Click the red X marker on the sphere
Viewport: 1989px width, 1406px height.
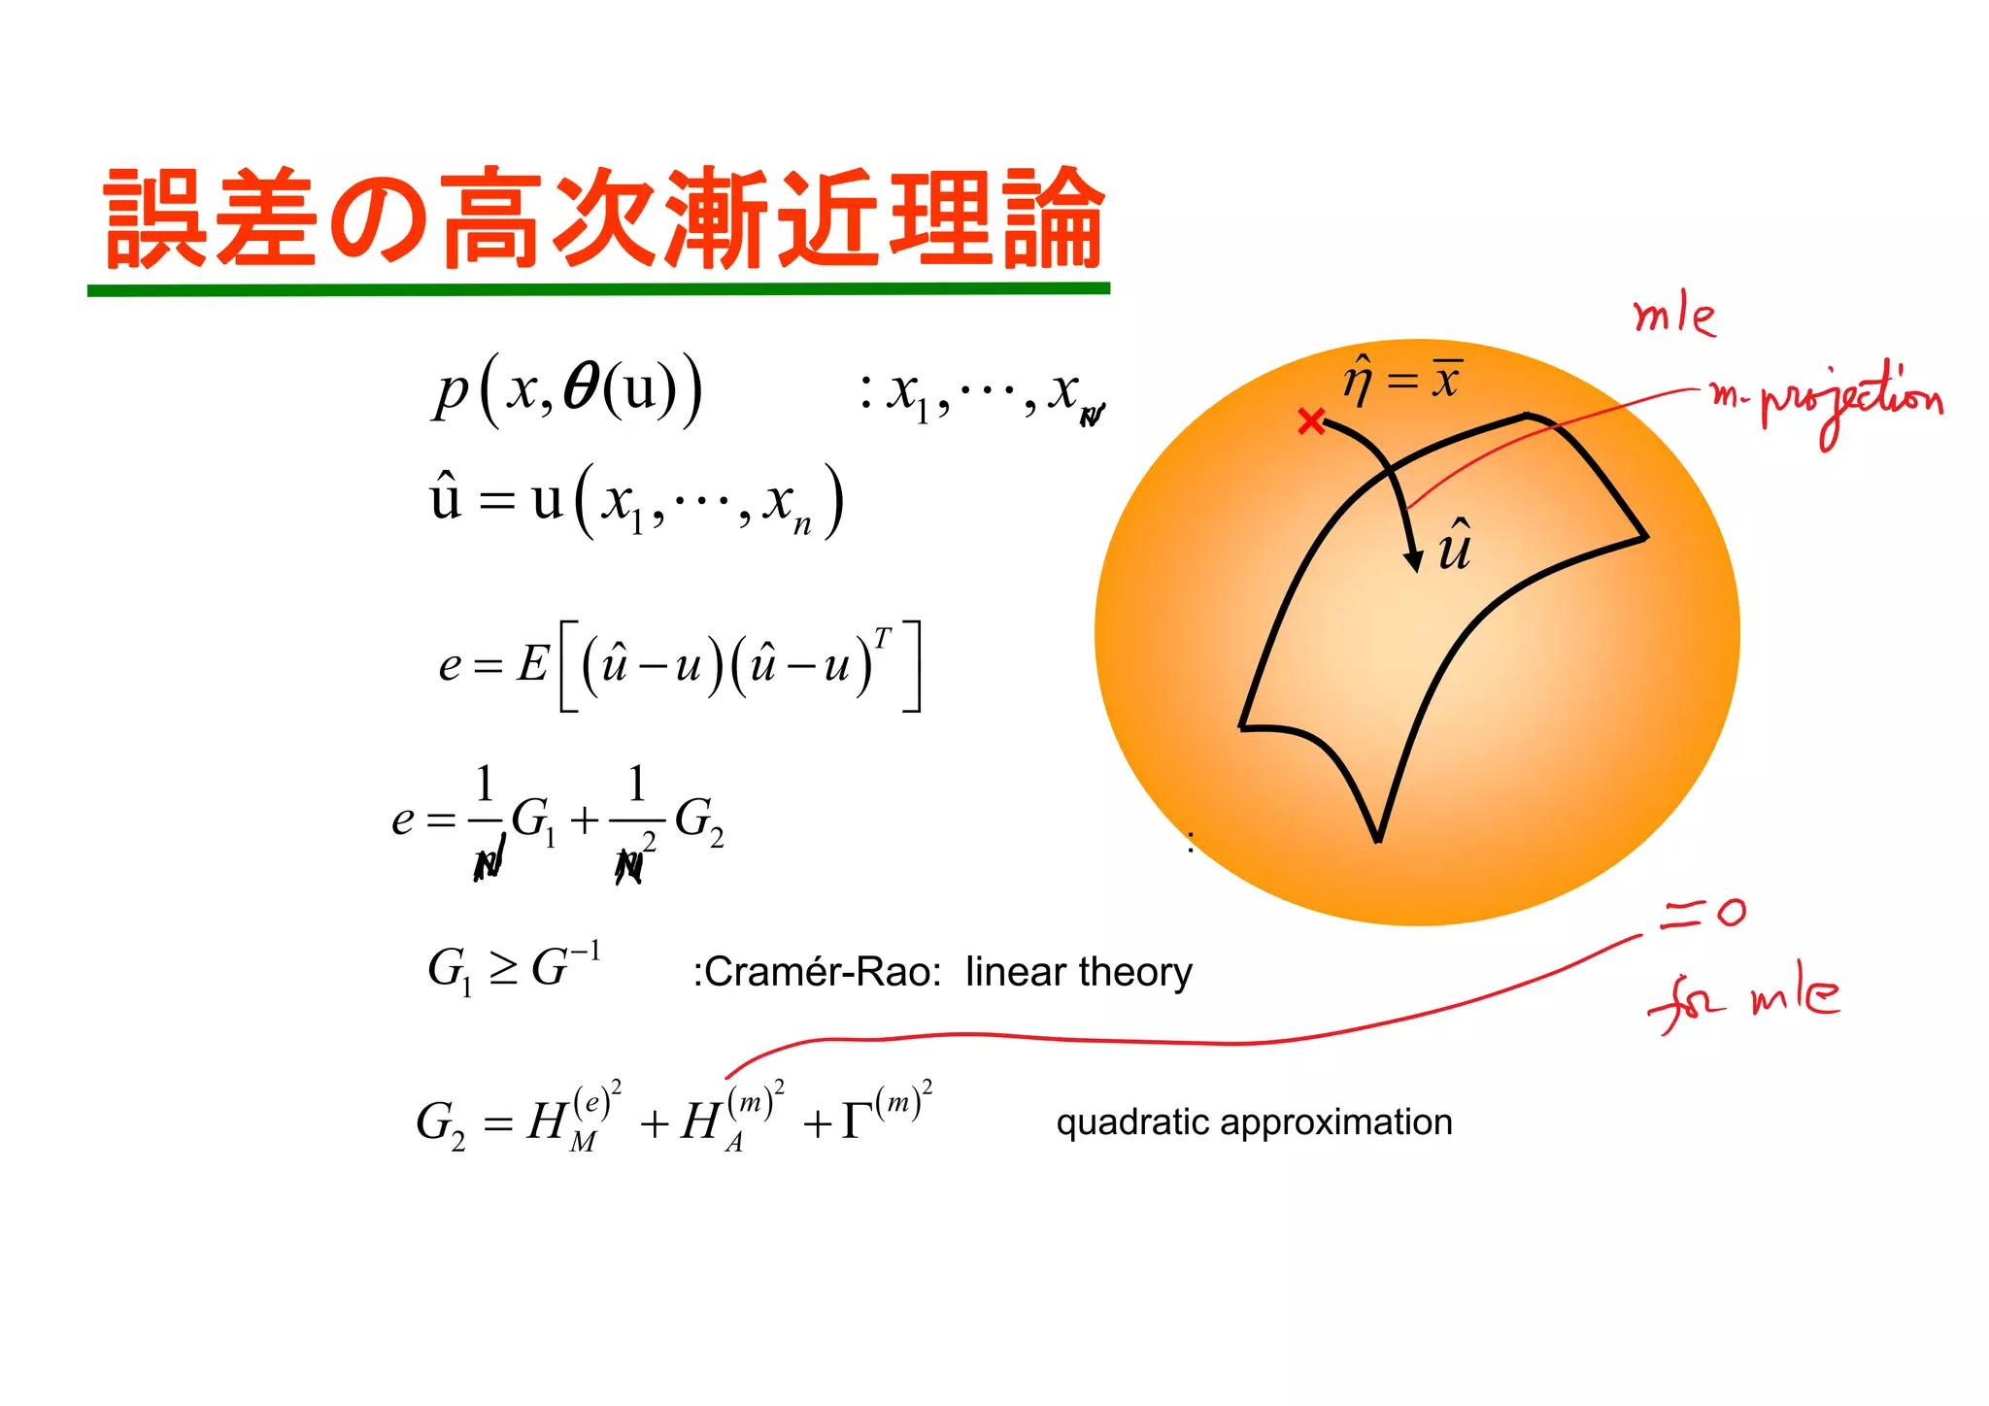pyautogui.click(x=1311, y=421)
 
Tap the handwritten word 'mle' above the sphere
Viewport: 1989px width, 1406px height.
pyautogui.click(x=1674, y=317)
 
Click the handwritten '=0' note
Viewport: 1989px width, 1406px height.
pyautogui.click(x=1702, y=913)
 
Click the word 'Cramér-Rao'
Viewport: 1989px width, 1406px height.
pyautogui.click(x=822, y=972)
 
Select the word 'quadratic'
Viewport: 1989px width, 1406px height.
pyautogui.click(x=1131, y=1122)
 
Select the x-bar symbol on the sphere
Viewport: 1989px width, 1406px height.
pyautogui.click(x=1446, y=379)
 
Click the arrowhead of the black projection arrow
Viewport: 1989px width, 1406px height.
pyautogui.click(x=1414, y=558)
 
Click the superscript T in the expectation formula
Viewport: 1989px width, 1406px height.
pyautogui.click(x=881, y=638)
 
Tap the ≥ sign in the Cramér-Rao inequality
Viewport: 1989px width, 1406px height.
pyautogui.click(x=502, y=968)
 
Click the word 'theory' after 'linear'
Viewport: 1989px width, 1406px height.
pyautogui.click(x=1135, y=972)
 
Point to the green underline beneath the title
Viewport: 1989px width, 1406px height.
pyautogui.click(x=598, y=289)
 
